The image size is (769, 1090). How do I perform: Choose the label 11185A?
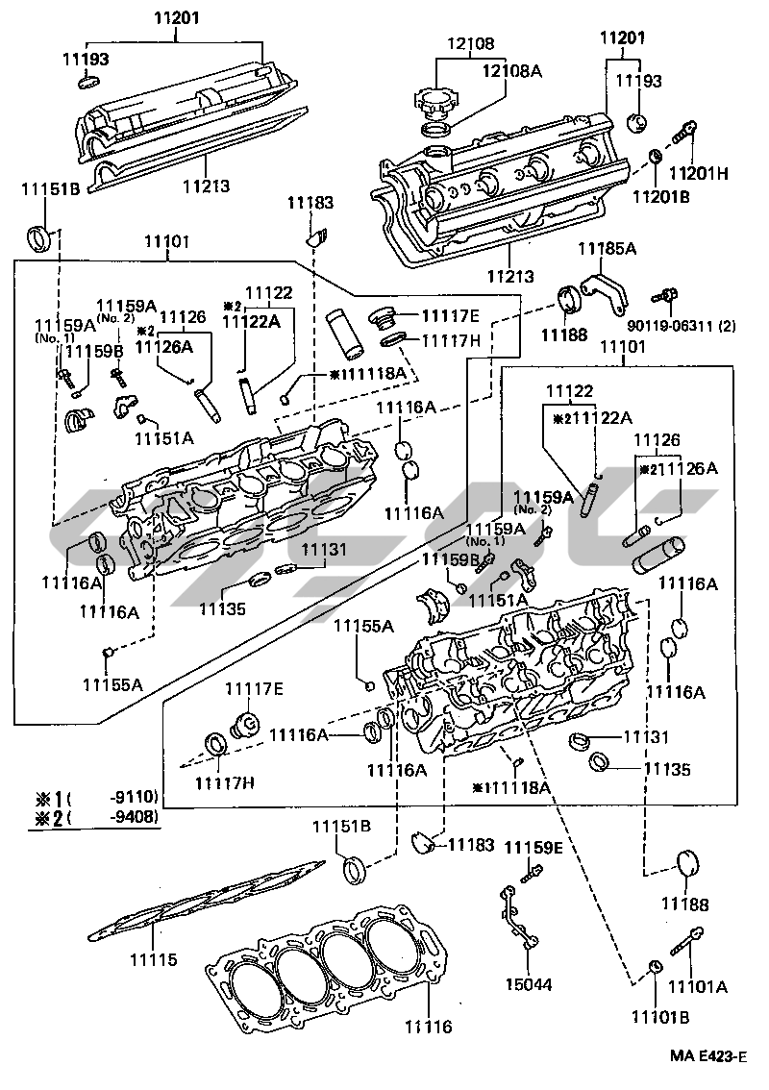(x=607, y=249)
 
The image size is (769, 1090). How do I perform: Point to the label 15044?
(x=528, y=985)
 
